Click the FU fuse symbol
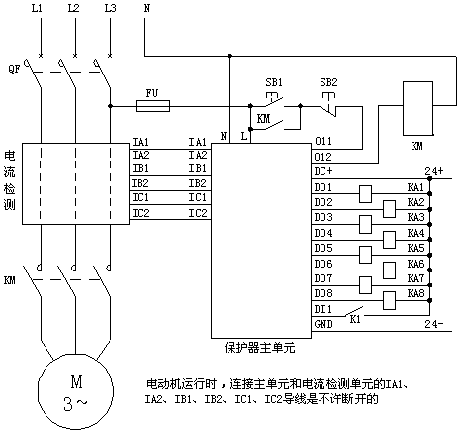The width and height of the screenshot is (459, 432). tap(152, 106)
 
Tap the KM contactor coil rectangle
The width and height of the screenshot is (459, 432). tap(417, 108)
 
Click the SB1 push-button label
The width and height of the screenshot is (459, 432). tap(274, 82)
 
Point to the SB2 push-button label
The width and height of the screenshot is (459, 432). tap(328, 82)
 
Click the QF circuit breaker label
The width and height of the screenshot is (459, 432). tap(14, 69)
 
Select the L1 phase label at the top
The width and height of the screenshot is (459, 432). tap(37, 8)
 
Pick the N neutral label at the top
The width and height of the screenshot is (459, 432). tap(147, 8)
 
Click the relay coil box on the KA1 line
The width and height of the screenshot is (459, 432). tap(365, 194)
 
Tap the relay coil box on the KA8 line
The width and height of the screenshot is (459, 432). tap(389, 300)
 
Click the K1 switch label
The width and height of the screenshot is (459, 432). tap(355, 320)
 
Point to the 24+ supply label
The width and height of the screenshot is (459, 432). tap(434, 171)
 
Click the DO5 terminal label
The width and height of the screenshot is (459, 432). tap(323, 248)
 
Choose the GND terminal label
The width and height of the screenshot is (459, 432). tap(323, 324)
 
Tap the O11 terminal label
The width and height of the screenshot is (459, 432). tap(323, 141)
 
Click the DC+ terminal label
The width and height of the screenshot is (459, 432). tap(323, 171)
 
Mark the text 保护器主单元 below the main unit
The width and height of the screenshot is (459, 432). tap(259, 348)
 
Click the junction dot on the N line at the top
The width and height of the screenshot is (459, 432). tap(229, 56)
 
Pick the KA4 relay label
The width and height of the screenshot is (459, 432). tap(415, 233)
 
